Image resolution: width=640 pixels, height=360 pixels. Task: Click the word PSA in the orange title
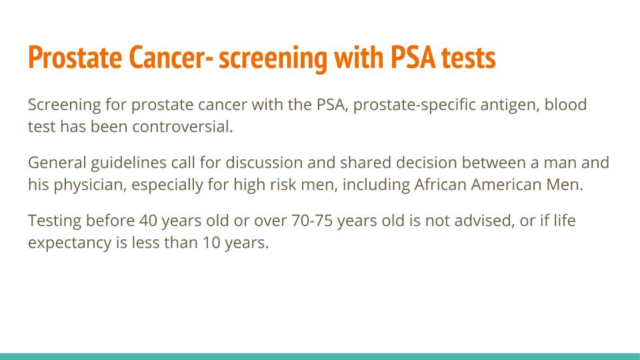tap(413, 57)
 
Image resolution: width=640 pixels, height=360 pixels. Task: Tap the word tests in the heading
tap(469, 58)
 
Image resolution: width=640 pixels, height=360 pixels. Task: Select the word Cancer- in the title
tap(171, 57)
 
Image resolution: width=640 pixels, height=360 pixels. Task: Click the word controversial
tap(183, 127)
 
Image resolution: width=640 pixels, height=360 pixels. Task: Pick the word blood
tap(566, 105)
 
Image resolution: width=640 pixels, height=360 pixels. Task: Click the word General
tap(57, 163)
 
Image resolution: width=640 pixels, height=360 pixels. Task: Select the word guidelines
tap(129, 163)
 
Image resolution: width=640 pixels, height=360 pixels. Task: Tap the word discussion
tap(264, 163)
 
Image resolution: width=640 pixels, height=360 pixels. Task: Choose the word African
tap(441, 185)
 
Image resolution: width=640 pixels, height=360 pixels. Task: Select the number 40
tap(148, 221)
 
